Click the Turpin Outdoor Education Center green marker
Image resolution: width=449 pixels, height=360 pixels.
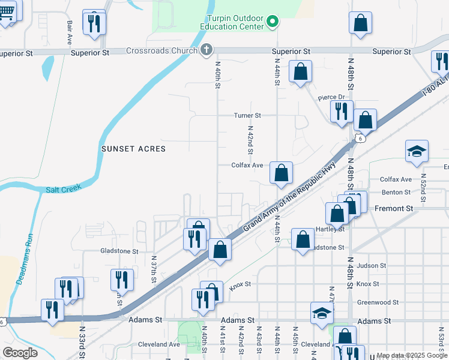(273, 23)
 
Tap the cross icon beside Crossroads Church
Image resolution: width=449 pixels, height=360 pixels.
(206, 50)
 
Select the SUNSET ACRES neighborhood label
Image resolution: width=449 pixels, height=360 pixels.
(133, 148)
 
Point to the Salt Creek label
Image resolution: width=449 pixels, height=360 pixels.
(62, 190)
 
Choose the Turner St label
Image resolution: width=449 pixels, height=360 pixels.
(247, 115)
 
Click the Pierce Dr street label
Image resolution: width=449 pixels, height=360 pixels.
(332, 97)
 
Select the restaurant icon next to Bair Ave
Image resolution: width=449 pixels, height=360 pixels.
(94, 23)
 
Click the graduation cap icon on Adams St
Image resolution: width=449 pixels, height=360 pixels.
(322, 313)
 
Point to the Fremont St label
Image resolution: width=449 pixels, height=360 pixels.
(394, 208)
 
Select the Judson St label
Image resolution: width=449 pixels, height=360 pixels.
(371, 265)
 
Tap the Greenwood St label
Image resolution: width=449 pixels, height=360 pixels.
(378, 302)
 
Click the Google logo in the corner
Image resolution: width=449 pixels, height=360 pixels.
(20, 353)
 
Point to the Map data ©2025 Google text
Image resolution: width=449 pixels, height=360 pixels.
(412, 356)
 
